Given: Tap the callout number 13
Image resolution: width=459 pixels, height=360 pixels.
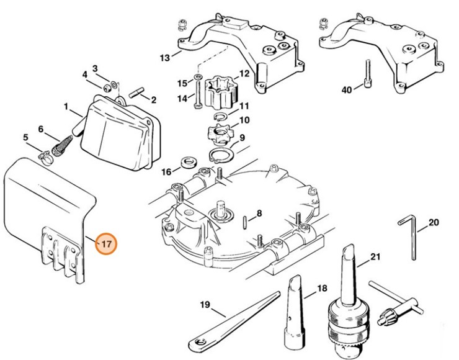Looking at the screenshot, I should point(164,58).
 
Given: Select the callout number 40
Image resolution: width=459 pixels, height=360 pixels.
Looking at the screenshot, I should point(346,90).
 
